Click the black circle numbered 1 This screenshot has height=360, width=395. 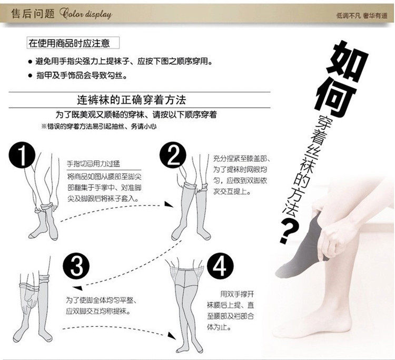tap(22, 155)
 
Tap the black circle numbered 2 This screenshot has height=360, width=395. tap(173, 155)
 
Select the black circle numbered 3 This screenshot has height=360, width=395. tap(76, 266)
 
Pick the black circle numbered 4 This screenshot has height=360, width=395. tap(221, 266)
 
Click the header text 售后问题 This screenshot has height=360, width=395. tap(33, 13)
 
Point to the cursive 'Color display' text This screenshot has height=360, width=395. tap(86, 14)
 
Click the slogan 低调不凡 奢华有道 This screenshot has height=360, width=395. tap(362, 16)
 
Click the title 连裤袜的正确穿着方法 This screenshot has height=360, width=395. tap(132, 100)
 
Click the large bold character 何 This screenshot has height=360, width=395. tap(334, 100)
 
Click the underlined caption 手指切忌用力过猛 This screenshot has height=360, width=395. tap(93, 164)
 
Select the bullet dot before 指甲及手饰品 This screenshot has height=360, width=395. tap(30, 75)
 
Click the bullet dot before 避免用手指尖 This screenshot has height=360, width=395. tap(30, 62)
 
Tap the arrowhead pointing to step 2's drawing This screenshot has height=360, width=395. tap(169, 204)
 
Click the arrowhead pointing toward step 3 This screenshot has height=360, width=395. tap(77, 288)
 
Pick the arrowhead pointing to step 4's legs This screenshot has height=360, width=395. tap(172, 335)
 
